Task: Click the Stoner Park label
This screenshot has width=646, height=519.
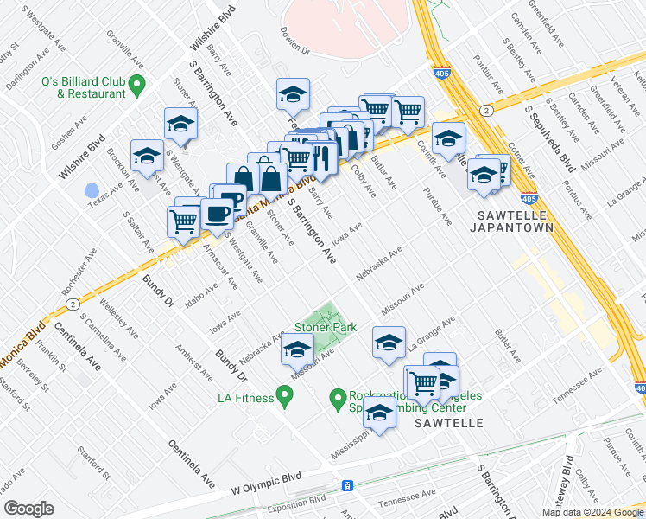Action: coord(326,328)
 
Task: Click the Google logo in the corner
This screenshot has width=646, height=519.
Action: coord(29,509)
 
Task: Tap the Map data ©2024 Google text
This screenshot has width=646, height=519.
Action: coord(593,512)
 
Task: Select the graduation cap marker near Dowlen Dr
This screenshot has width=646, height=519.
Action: coord(293,94)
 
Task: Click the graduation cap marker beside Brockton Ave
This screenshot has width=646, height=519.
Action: coord(148,156)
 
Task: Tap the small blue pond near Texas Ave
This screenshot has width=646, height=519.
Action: coord(92,189)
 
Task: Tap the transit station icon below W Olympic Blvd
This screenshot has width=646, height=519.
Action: coord(346,486)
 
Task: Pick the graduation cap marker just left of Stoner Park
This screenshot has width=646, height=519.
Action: coord(297,350)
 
